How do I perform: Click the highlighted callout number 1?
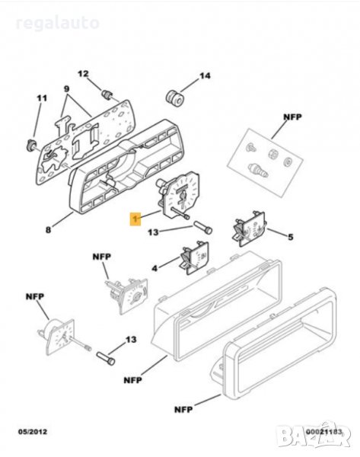[x=135, y=219]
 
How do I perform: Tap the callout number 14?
[x=205, y=76]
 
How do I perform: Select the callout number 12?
[x=83, y=74]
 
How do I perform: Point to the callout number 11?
[x=42, y=98]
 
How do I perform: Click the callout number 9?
[x=67, y=89]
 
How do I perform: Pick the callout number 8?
[x=48, y=230]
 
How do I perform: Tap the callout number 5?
[x=291, y=237]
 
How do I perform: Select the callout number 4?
[x=155, y=268]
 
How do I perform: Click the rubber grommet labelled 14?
[x=175, y=98]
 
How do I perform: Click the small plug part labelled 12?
[x=107, y=94]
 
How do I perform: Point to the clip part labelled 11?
[x=31, y=145]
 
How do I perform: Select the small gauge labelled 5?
[x=250, y=229]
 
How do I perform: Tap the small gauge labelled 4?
[x=195, y=258]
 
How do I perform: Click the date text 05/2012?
[x=33, y=432]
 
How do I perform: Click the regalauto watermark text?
[x=57, y=24]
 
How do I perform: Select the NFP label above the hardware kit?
[x=293, y=117]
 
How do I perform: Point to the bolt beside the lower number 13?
[x=106, y=359]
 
